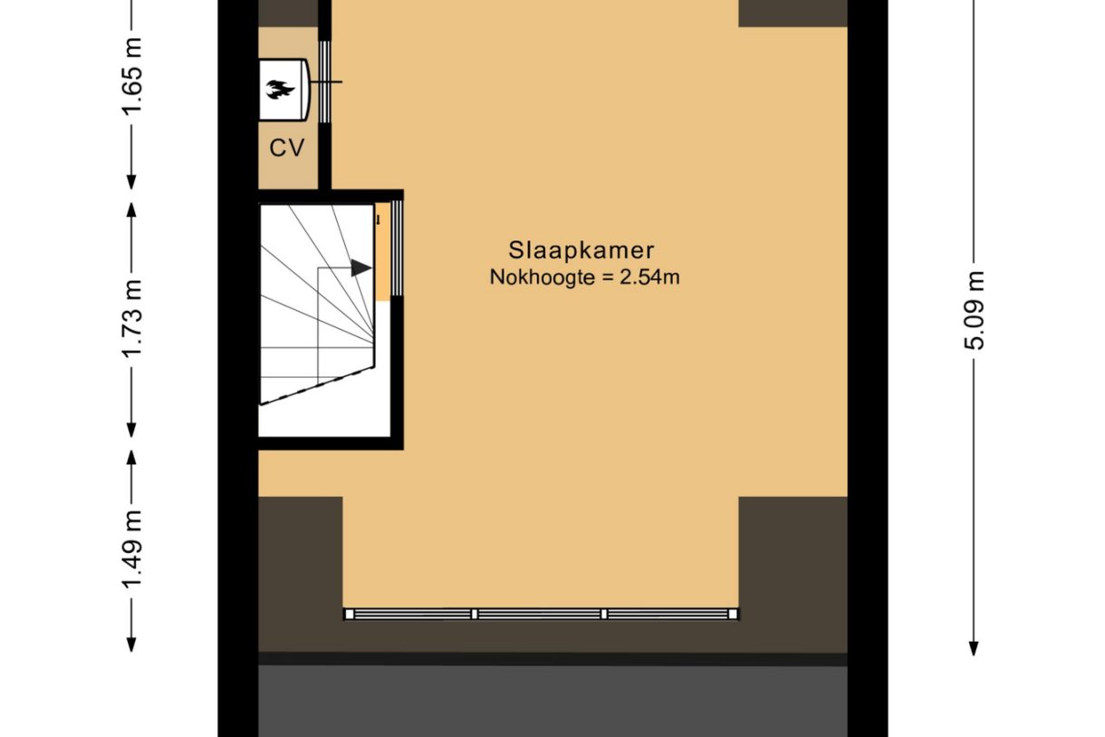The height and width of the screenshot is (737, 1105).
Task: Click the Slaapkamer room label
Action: point(581,250)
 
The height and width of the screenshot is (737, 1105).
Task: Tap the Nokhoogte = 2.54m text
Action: point(584,277)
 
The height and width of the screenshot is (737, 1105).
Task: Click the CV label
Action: point(287,148)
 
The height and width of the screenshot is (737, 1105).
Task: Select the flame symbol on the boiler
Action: point(280,90)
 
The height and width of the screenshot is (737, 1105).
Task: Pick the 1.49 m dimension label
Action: point(132,548)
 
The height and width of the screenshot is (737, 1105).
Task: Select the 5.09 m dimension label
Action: point(974,310)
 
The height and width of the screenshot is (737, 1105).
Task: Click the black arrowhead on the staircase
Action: point(360,267)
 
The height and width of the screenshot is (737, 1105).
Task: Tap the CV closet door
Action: point(325,82)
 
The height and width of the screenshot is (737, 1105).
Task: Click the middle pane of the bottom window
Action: point(539,614)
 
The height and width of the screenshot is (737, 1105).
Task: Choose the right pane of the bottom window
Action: point(668,614)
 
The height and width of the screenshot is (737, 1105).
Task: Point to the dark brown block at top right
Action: point(793,13)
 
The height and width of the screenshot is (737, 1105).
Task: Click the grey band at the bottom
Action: point(552,703)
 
